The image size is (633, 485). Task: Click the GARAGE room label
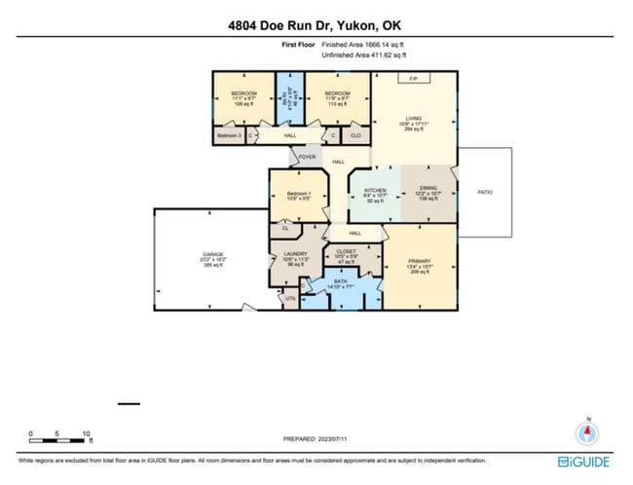(212, 255)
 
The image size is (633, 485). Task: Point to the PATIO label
(484, 192)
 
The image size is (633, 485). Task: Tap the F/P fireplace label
(413, 79)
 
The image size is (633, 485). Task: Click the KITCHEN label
(376, 190)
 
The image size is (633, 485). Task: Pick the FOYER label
(308, 156)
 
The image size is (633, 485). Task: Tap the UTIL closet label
(290, 298)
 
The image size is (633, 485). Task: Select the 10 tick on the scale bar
(86, 434)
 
